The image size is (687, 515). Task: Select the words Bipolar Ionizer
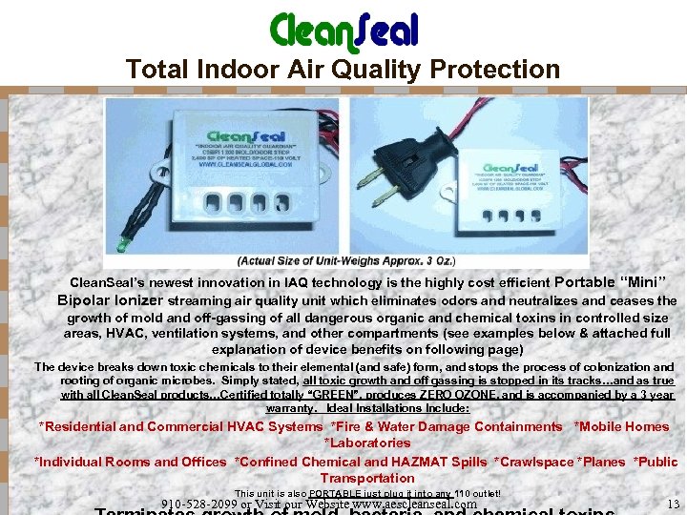tap(110, 300)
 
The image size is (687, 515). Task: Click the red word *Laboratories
tap(367, 443)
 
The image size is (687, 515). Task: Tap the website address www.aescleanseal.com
tap(414, 504)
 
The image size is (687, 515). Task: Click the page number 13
tap(673, 503)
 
